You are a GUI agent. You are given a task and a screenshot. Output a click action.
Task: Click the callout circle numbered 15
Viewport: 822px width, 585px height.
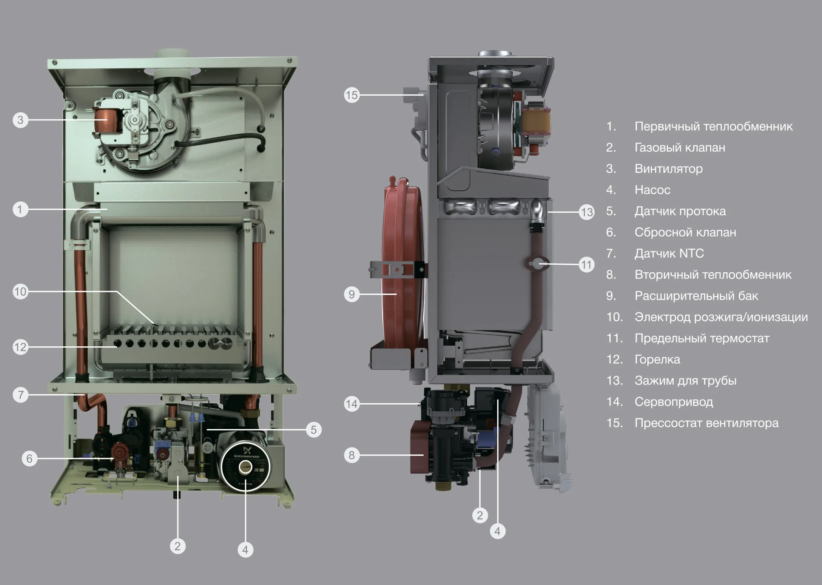tap(352, 95)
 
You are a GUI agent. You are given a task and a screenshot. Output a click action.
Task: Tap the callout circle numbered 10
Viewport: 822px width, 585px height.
tap(20, 292)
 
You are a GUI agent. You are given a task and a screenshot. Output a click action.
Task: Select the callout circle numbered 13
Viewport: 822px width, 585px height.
tap(586, 212)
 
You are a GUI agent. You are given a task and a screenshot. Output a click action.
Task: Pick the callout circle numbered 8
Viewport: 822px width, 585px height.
tap(352, 455)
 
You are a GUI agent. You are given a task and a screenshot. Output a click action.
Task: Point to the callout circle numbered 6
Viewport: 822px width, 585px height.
tap(29, 458)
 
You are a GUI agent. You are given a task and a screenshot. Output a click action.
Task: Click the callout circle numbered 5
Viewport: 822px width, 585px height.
tap(313, 430)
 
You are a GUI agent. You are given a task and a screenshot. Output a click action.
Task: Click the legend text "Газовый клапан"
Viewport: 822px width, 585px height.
tap(680, 147)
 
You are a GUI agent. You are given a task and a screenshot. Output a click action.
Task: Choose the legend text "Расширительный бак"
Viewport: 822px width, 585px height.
tap(696, 296)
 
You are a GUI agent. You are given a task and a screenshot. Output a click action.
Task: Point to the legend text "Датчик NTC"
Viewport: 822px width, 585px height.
tap(669, 253)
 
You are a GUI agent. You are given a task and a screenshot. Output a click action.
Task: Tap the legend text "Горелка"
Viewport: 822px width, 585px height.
tap(657, 359)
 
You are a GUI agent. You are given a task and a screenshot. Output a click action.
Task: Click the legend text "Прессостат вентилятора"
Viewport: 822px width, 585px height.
tap(706, 423)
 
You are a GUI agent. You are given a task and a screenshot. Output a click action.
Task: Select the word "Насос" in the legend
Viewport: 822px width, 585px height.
tap(652, 190)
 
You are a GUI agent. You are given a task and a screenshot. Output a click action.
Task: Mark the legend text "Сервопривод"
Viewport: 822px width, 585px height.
tap(674, 402)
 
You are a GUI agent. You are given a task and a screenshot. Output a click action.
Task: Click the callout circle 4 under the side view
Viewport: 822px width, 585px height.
tap(497, 531)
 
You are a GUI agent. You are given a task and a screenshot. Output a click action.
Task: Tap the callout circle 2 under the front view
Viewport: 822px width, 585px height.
tap(177, 546)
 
